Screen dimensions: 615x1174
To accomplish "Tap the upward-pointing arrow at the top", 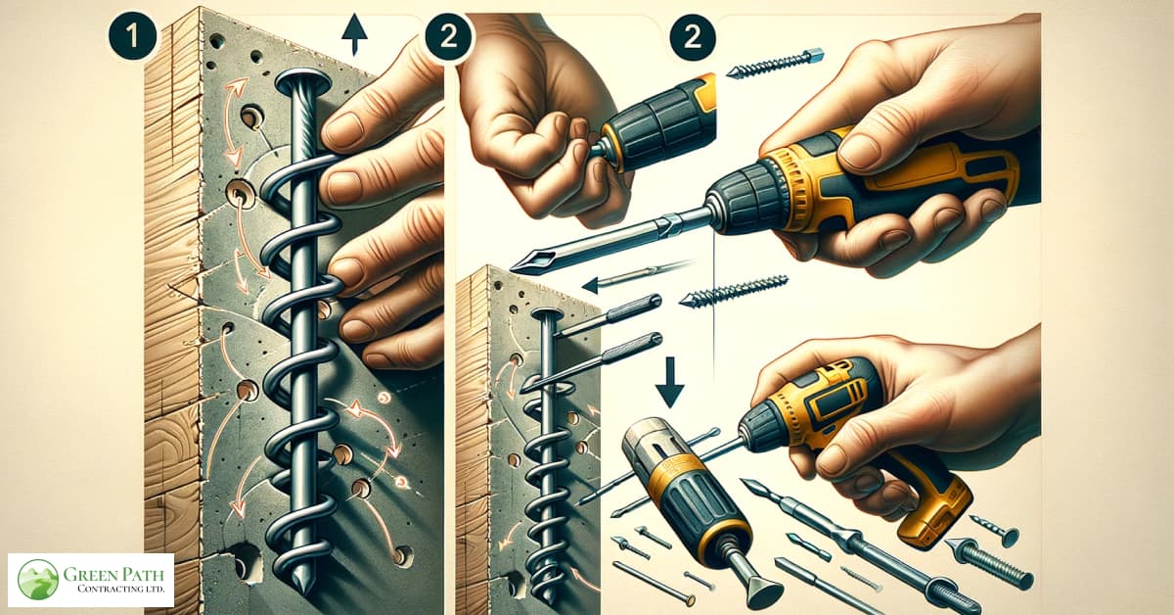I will pos(354,35).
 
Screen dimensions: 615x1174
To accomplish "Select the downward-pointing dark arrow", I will pos(670,381).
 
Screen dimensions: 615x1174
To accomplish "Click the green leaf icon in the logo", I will pos(38,580).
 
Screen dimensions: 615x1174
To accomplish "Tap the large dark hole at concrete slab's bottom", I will pos(246,562).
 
